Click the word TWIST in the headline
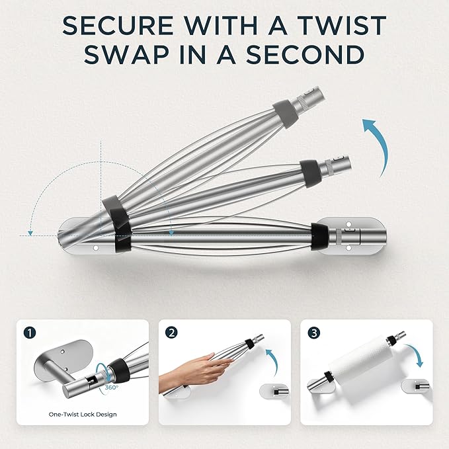coord(342,26)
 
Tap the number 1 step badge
coord(30,333)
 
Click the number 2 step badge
coord(171,333)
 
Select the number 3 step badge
coord(314,333)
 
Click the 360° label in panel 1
coord(111,388)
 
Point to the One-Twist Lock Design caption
coord(83,415)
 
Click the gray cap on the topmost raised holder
coord(285,114)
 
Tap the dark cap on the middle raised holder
coord(309,173)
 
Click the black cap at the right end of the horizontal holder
coord(319,237)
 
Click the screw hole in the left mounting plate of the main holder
coord(96,247)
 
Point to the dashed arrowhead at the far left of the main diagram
coord(30,233)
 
